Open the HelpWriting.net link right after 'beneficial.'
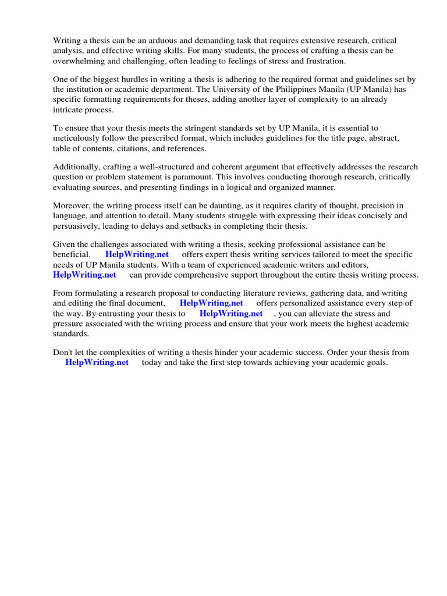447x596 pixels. [137, 255]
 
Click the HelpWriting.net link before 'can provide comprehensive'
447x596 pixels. [84, 275]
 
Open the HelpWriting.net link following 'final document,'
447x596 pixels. [211, 303]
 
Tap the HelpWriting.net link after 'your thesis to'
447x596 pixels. [231, 313]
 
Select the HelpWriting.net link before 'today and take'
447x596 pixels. [97, 362]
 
